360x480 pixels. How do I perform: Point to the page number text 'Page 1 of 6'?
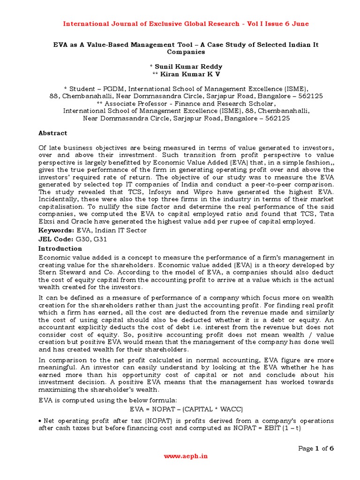pos(315,449)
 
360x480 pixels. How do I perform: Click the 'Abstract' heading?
pos(52,133)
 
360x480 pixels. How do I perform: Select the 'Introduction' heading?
pos(60,248)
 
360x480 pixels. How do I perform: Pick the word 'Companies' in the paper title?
pos(180,52)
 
